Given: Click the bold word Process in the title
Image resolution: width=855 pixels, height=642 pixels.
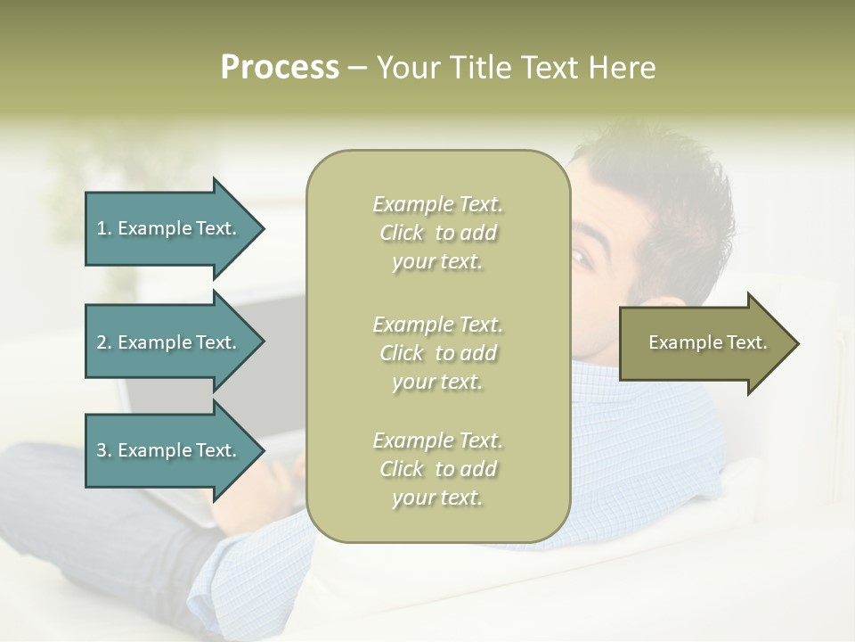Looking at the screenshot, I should click(280, 68).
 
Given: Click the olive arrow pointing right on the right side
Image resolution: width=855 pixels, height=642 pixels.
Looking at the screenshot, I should click(704, 343).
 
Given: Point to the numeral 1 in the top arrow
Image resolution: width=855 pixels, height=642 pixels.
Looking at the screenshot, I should click(102, 228).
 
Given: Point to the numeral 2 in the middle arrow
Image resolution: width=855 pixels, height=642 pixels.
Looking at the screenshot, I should click(102, 342).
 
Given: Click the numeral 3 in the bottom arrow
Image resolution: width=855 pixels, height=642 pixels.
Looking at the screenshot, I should click(102, 450).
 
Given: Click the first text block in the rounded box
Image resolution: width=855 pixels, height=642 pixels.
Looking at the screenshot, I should click(437, 233).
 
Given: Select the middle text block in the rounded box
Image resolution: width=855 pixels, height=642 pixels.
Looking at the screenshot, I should click(437, 353).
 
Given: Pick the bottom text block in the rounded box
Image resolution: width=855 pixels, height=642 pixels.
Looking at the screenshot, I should click(437, 469).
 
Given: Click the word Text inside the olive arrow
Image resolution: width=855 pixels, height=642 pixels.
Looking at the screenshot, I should click(746, 342).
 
